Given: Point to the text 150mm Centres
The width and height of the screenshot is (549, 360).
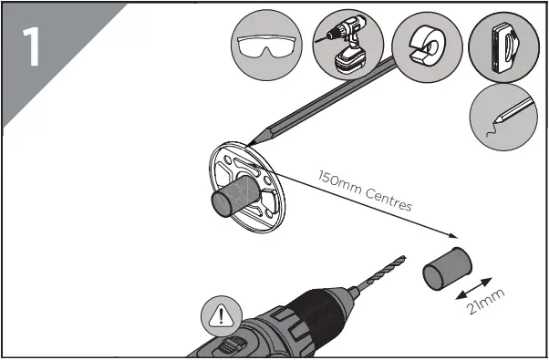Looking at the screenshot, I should (365, 190).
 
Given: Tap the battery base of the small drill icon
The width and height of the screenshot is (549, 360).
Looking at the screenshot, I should (348, 67).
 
